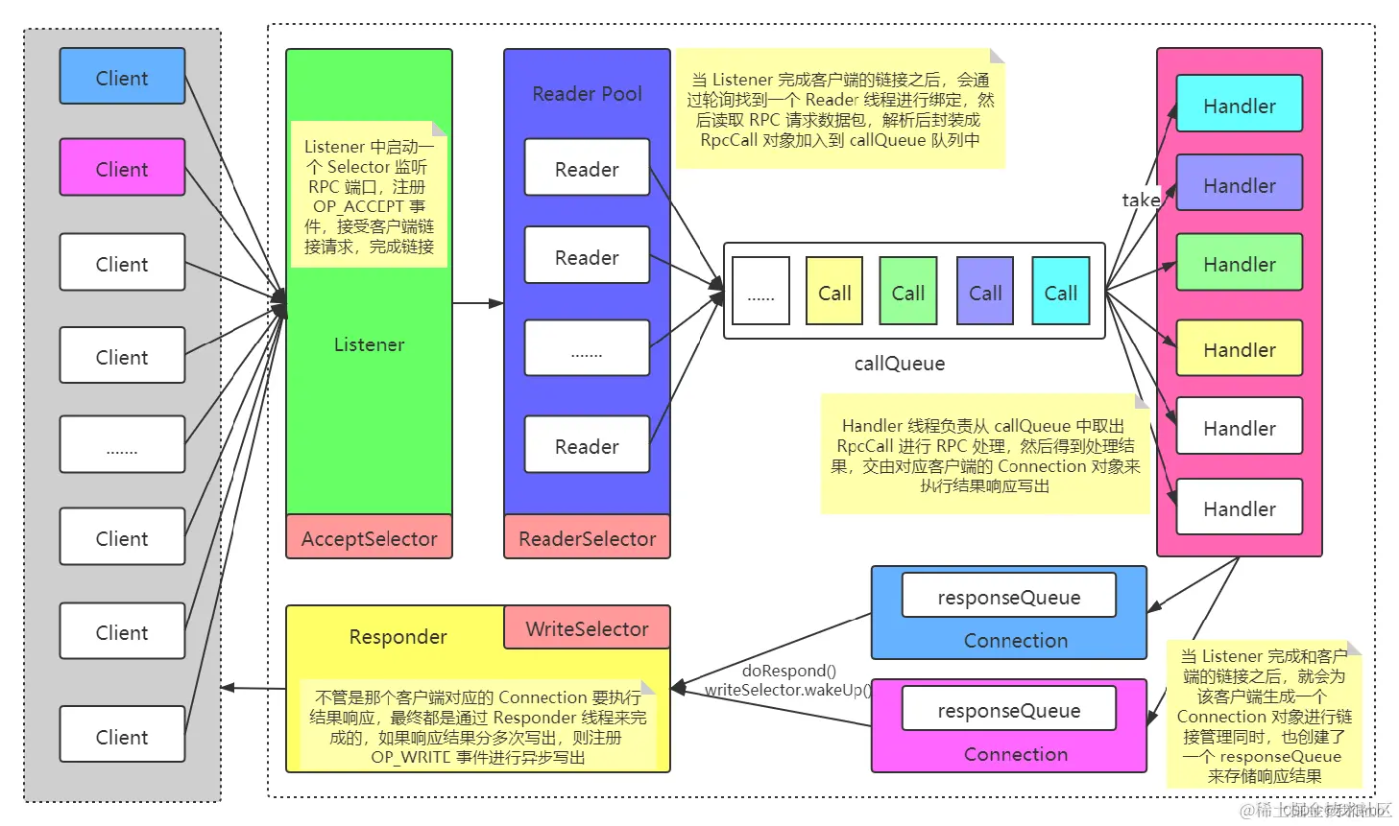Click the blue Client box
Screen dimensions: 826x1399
(122, 77)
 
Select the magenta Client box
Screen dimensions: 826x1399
(122, 168)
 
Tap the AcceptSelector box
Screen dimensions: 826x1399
(369, 538)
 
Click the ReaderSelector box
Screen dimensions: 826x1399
(587, 538)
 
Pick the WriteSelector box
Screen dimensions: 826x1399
(587, 628)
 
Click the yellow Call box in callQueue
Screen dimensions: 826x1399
(833, 292)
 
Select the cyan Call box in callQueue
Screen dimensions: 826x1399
(1060, 292)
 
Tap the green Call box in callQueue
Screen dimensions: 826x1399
(907, 292)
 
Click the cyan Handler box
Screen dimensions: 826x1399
(1239, 105)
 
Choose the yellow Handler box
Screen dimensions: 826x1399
(1239, 349)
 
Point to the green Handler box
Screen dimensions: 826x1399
(1239, 264)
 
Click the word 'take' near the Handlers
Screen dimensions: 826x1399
(1141, 200)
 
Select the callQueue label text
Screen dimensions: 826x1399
(899, 364)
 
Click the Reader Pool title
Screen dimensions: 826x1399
(587, 94)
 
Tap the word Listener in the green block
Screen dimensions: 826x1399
(369, 344)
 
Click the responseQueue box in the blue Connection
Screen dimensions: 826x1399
(1008, 597)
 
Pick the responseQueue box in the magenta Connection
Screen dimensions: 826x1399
(1008, 710)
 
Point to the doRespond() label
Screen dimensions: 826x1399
(788, 670)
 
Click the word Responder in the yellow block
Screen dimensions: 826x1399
(398, 637)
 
